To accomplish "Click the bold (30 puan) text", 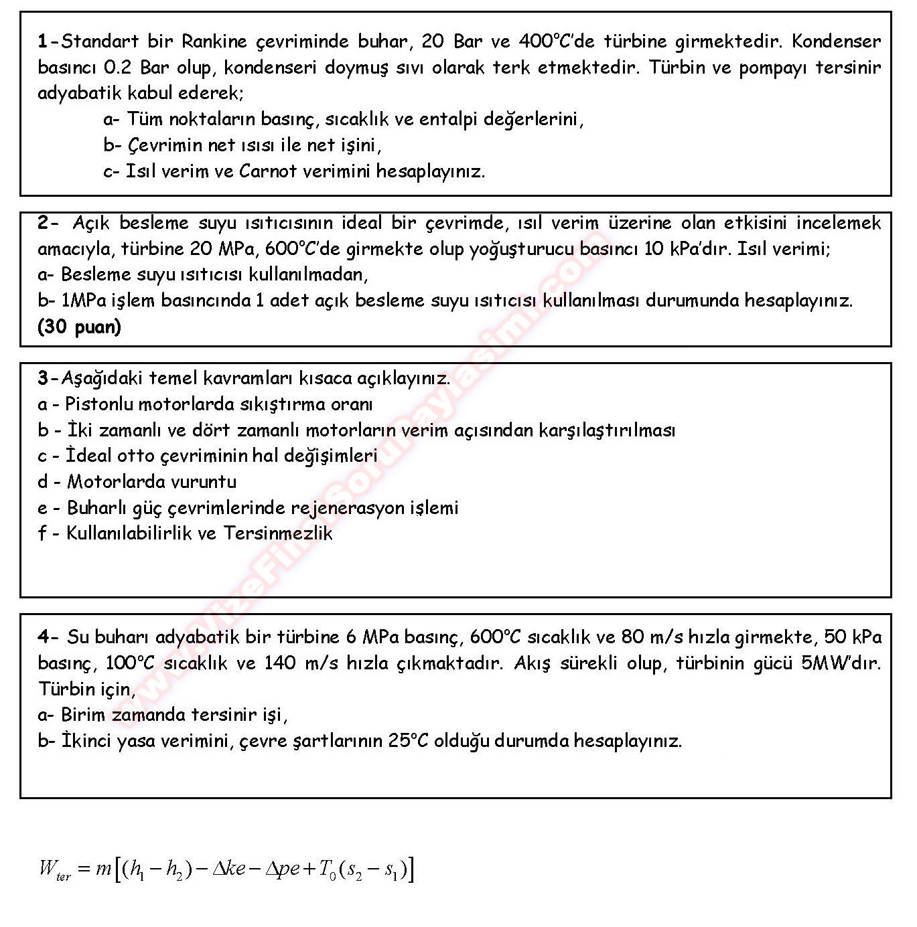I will (x=80, y=327).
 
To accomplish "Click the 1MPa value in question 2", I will (x=84, y=301).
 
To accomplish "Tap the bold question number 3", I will (x=43, y=378).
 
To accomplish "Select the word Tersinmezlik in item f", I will (x=278, y=533).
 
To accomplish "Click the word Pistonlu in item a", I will (x=93, y=404).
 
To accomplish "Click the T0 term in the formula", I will (x=328, y=869).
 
